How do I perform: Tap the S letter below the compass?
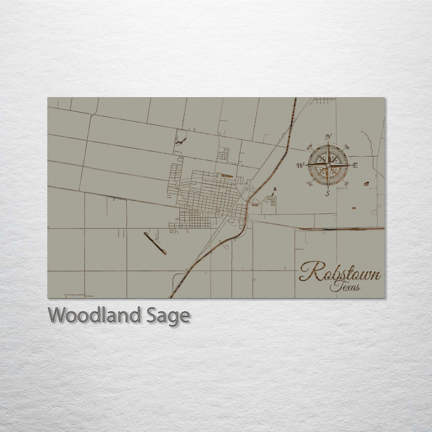pyautogui.click(x=327, y=193)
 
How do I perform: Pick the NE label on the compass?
pyautogui.click(x=347, y=147)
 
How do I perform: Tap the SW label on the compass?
pyautogui.click(x=309, y=184)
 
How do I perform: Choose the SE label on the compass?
pyautogui.click(x=346, y=184)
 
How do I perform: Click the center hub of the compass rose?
pyautogui.click(x=328, y=165)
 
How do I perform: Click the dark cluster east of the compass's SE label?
pyautogui.click(x=366, y=183)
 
